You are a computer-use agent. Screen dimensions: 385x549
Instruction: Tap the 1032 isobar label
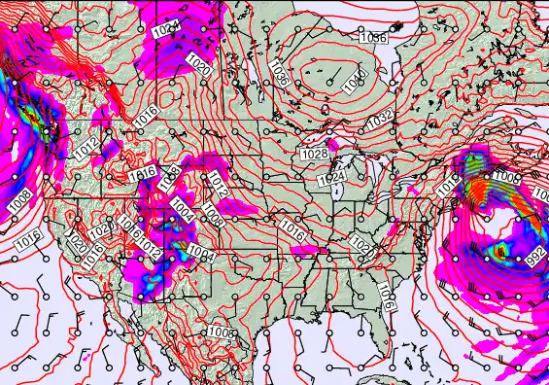point(381,118)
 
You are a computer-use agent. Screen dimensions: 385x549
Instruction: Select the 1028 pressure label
point(314,155)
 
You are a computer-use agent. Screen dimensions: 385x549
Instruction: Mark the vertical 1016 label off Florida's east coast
point(386,295)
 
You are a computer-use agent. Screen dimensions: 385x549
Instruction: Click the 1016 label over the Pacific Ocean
point(29,236)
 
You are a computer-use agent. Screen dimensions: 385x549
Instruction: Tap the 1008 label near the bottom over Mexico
point(221,332)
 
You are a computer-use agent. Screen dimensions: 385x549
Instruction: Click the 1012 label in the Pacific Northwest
point(86,149)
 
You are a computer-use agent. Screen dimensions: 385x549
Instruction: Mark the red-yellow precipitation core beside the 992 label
point(502,252)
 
